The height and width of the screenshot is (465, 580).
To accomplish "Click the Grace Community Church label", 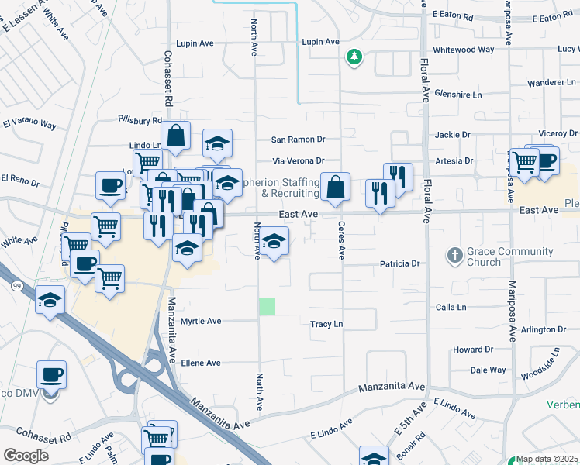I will point(510,257).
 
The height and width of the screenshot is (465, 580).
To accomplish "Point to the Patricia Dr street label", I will point(399,264).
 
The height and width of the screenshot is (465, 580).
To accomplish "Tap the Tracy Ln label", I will point(326,325).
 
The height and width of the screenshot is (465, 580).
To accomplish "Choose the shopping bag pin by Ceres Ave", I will point(335,188).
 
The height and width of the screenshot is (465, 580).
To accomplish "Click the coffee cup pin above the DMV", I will point(52,375).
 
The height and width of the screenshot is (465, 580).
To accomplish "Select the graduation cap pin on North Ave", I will point(273,242).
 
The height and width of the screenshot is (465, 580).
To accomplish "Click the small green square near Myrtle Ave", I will point(267,306).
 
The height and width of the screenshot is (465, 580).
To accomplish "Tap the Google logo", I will point(26,455).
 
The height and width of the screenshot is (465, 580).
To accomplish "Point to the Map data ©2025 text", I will point(547,459).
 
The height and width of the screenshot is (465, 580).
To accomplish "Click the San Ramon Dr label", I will point(298,139).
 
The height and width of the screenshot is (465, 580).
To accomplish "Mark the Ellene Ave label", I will point(201,363).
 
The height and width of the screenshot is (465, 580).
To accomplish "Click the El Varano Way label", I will point(29,124).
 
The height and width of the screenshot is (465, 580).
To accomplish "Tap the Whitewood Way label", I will point(464,50).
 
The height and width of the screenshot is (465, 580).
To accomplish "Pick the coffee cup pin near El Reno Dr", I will point(110,186).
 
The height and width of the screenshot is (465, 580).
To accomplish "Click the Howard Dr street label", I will point(472,350).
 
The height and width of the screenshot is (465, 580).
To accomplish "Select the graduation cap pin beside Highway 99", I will point(50,300).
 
